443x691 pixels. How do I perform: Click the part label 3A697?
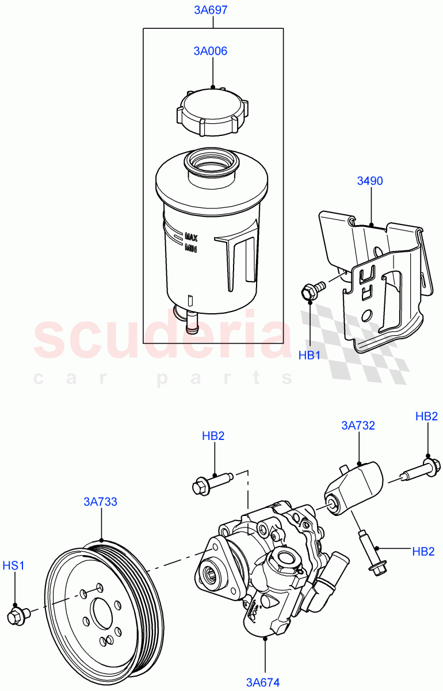[x=213, y=10]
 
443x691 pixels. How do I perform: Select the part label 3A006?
[x=210, y=51]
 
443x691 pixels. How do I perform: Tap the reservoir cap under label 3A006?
[x=212, y=112]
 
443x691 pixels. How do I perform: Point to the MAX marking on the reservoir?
[x=192, y=237]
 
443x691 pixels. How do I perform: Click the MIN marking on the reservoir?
[x=191, y=248]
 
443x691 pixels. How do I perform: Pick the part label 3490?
[x=370, y=181]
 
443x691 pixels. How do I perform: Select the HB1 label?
[x=309, y=355]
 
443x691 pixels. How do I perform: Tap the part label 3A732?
[x=358, y=426]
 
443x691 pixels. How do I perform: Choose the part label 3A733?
[x=101, y=502]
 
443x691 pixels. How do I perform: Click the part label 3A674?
[x=263, y=682]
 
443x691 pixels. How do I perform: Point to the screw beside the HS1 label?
[x=15, y=616]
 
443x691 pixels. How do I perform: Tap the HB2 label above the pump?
[x=213, y=436]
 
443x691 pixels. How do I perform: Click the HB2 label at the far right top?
[x=427, y=416]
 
